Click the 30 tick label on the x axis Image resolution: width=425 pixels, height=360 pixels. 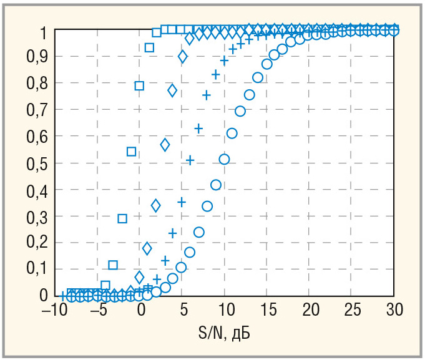point(393,309)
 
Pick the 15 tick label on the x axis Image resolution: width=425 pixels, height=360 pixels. point(267,309)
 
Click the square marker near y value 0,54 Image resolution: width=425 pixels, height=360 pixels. point(131,152)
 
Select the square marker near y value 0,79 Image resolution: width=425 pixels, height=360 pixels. point(140,85)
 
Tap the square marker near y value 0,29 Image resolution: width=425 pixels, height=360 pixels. point(122,218)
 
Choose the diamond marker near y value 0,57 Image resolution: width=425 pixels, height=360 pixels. point(165,145)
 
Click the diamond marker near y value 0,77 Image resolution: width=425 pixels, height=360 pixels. point(173,90)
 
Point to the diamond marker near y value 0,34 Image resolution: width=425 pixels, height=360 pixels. point(156,205)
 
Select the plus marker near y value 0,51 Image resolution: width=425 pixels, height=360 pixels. point(190,160)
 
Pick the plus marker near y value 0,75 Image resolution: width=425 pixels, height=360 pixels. point(207,95)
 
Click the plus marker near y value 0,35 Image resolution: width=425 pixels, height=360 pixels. point(182,202)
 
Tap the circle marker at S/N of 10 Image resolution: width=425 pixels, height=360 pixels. point(224,159)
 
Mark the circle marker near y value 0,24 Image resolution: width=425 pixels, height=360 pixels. point(198,232)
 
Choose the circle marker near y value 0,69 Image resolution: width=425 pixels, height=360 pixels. point(240,111)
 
